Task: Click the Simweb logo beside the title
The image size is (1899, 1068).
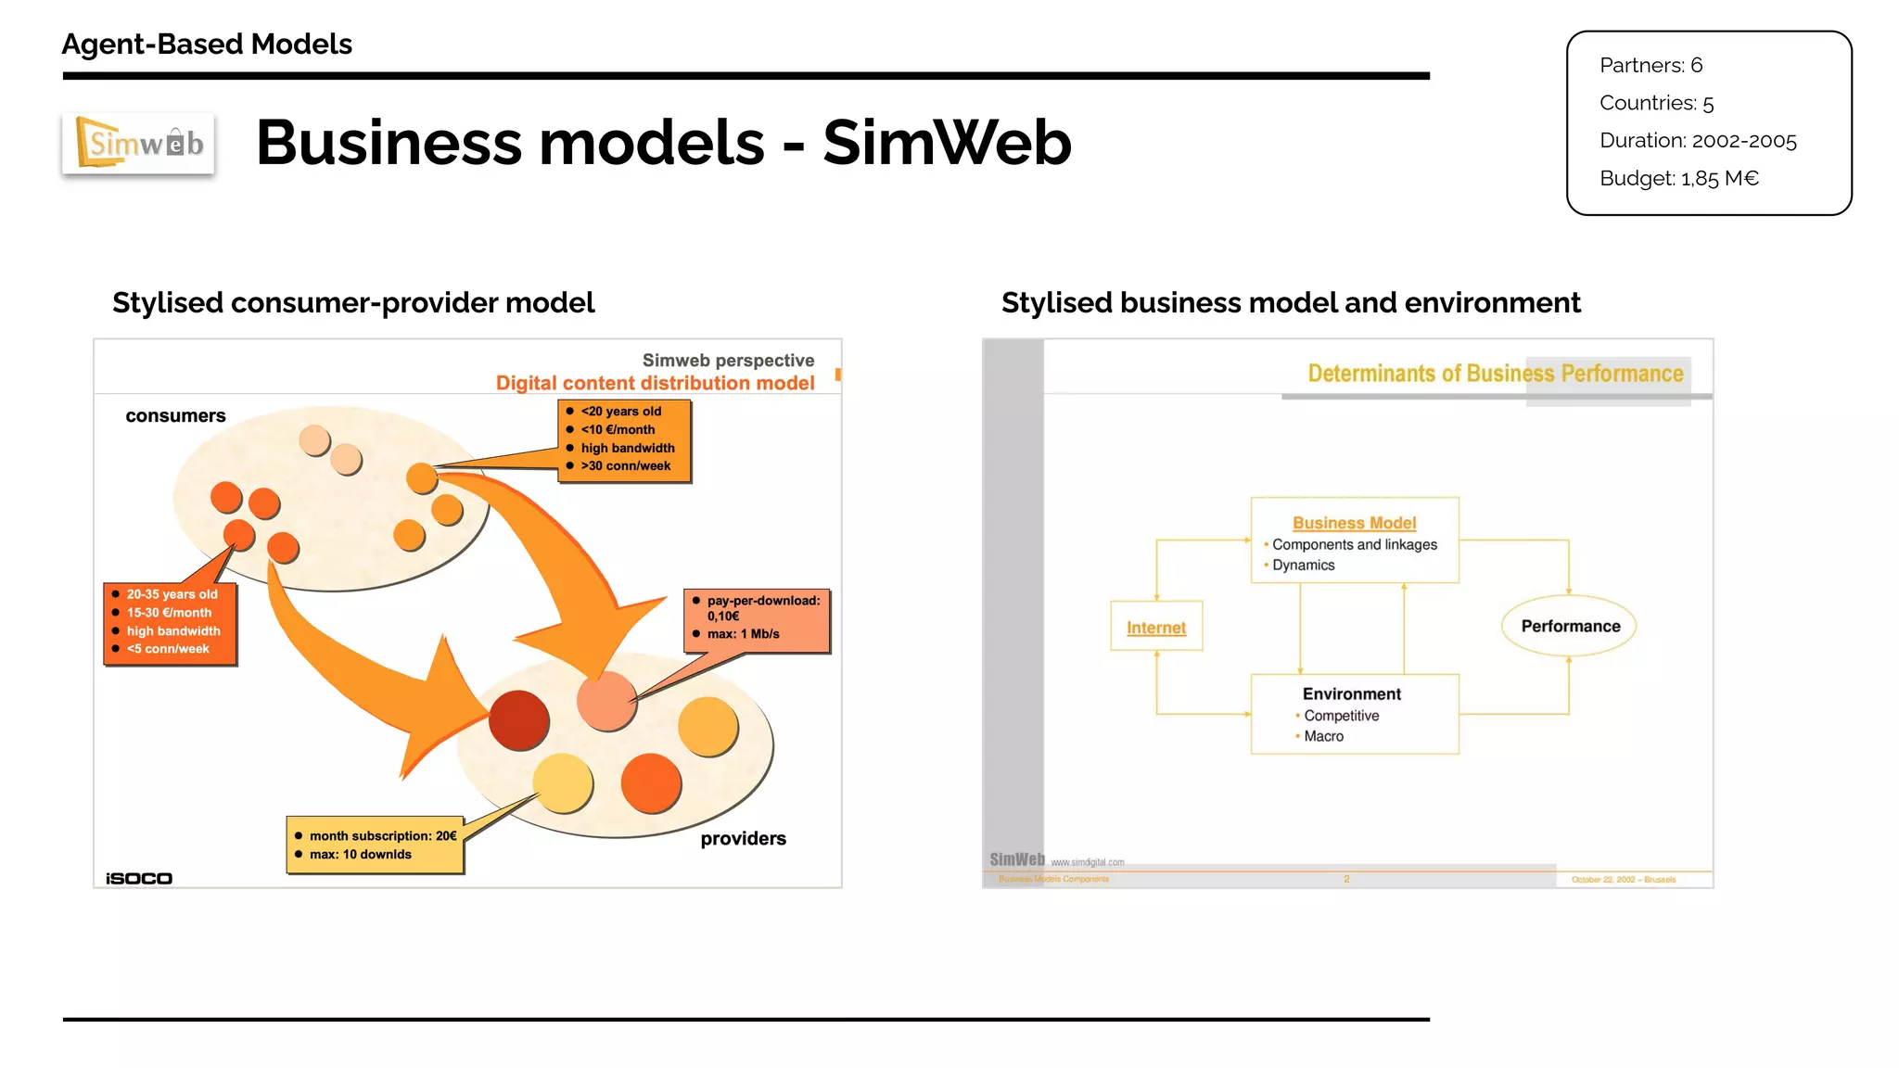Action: coord(139,144)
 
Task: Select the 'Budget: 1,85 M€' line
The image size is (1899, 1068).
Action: coord(1678,178)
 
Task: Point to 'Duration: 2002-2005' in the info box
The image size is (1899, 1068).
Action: coord(1697,140)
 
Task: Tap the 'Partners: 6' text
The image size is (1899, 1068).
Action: coord(1650,65)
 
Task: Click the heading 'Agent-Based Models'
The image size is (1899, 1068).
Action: coord(207,44)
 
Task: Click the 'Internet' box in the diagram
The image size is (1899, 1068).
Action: coord(1156,628)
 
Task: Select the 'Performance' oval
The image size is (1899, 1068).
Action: coord(1569,626)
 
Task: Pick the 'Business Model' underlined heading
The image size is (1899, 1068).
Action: coord(1354,523)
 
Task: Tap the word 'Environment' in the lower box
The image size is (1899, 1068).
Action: coord(1351,693)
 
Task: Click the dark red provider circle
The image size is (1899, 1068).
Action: coord(518,720)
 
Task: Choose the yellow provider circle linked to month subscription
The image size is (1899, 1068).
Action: coord(563,782)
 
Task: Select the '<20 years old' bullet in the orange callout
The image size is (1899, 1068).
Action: coord(620,411)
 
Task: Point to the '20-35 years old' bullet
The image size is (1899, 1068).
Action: coord(172,594)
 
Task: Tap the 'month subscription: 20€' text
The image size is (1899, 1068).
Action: coord(382,835)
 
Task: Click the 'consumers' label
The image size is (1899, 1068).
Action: coord(175,415)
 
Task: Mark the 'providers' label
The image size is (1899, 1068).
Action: coord(743,838)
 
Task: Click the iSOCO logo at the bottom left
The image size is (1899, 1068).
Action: coord(139,878)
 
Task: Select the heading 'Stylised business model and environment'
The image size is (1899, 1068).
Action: coord(1290,302)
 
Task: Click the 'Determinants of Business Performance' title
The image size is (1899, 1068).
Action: coord(1495,373)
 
